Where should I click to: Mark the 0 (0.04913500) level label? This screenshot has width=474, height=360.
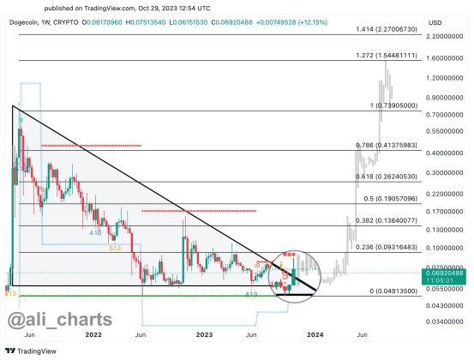pos(390,291)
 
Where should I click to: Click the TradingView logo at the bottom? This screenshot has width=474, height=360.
pos(27,351)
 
